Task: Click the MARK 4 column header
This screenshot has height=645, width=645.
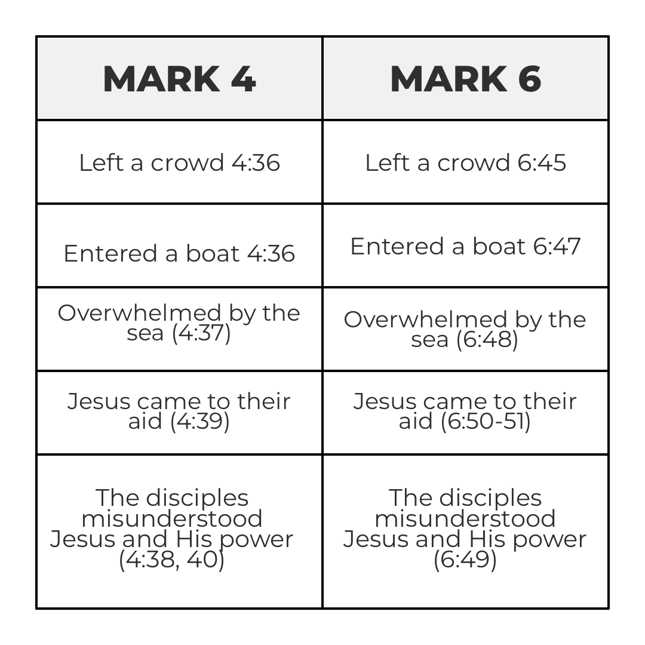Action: [179, 79]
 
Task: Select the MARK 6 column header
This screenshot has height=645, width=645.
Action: [465, 79]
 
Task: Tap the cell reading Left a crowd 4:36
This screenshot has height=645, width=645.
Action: [179, 162]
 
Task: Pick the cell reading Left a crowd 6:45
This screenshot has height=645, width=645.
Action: [465, 162]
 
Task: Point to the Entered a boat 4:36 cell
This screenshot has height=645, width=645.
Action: [179, 253]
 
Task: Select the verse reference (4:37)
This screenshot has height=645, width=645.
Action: [201, 333]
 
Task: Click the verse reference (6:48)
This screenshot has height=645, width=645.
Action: [487, 339]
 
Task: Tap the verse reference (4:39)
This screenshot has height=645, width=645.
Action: [199, 421]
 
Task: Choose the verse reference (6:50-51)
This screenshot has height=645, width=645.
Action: [486, 421]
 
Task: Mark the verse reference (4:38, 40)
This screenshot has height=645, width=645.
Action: [171, 560]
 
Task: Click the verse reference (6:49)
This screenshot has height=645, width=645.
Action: [465, 560]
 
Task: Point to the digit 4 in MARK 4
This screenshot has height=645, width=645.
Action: [243, 79]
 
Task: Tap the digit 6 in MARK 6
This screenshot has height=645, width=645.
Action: [529, 79]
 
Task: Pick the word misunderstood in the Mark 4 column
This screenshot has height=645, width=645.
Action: [171, 518]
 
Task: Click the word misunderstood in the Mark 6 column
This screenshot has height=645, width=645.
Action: [465, 518]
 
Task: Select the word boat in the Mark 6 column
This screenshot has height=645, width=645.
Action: [500, 247]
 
